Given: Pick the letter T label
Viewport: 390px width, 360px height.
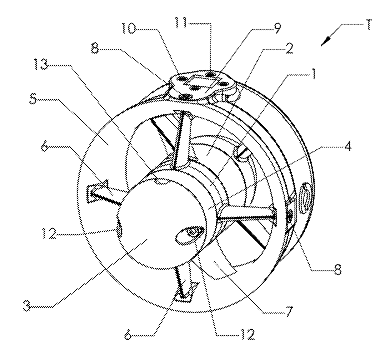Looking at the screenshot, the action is point(367,25).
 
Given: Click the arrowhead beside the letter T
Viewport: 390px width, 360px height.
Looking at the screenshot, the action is point(325,41).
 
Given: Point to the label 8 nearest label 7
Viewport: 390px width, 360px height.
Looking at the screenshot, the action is point(337,270).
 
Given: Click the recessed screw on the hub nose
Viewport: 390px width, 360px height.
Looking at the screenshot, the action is point(192,232).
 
